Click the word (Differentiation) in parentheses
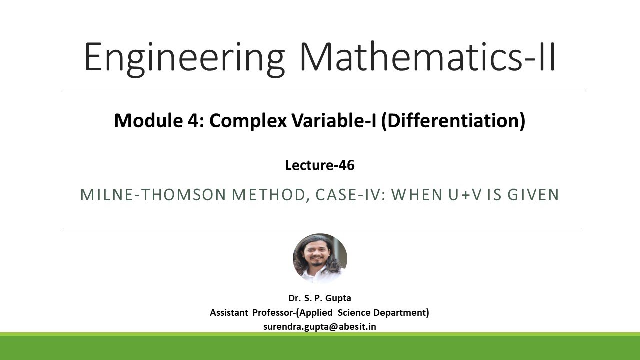point(453,121)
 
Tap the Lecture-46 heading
point(320,165)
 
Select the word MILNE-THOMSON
point(153,195)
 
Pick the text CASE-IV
point(348,195)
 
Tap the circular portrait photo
point(320,258)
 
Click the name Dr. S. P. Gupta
point(320,298)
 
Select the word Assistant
point(229,313)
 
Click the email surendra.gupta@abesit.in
point(320,327)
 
